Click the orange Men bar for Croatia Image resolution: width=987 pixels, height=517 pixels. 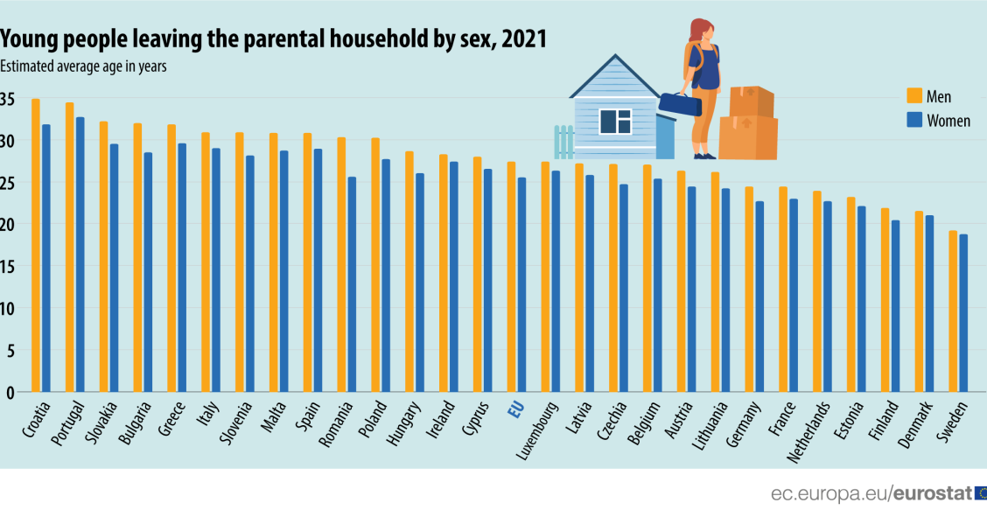pos(36,245)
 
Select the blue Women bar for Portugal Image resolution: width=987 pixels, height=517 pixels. pos(80,255)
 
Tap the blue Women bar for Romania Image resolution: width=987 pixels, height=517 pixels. pos(352,284)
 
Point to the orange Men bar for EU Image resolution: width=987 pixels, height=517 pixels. pos(511,276)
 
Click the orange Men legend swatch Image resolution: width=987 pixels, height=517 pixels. pos(913,96)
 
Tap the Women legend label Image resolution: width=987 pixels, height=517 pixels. pos(948,121)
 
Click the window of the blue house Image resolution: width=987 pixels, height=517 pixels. pos(615,121)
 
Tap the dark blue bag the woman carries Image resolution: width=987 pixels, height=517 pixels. pos(680,105)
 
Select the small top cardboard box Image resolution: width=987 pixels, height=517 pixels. pos(751,101)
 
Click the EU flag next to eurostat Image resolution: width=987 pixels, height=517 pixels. pos(980,493)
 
